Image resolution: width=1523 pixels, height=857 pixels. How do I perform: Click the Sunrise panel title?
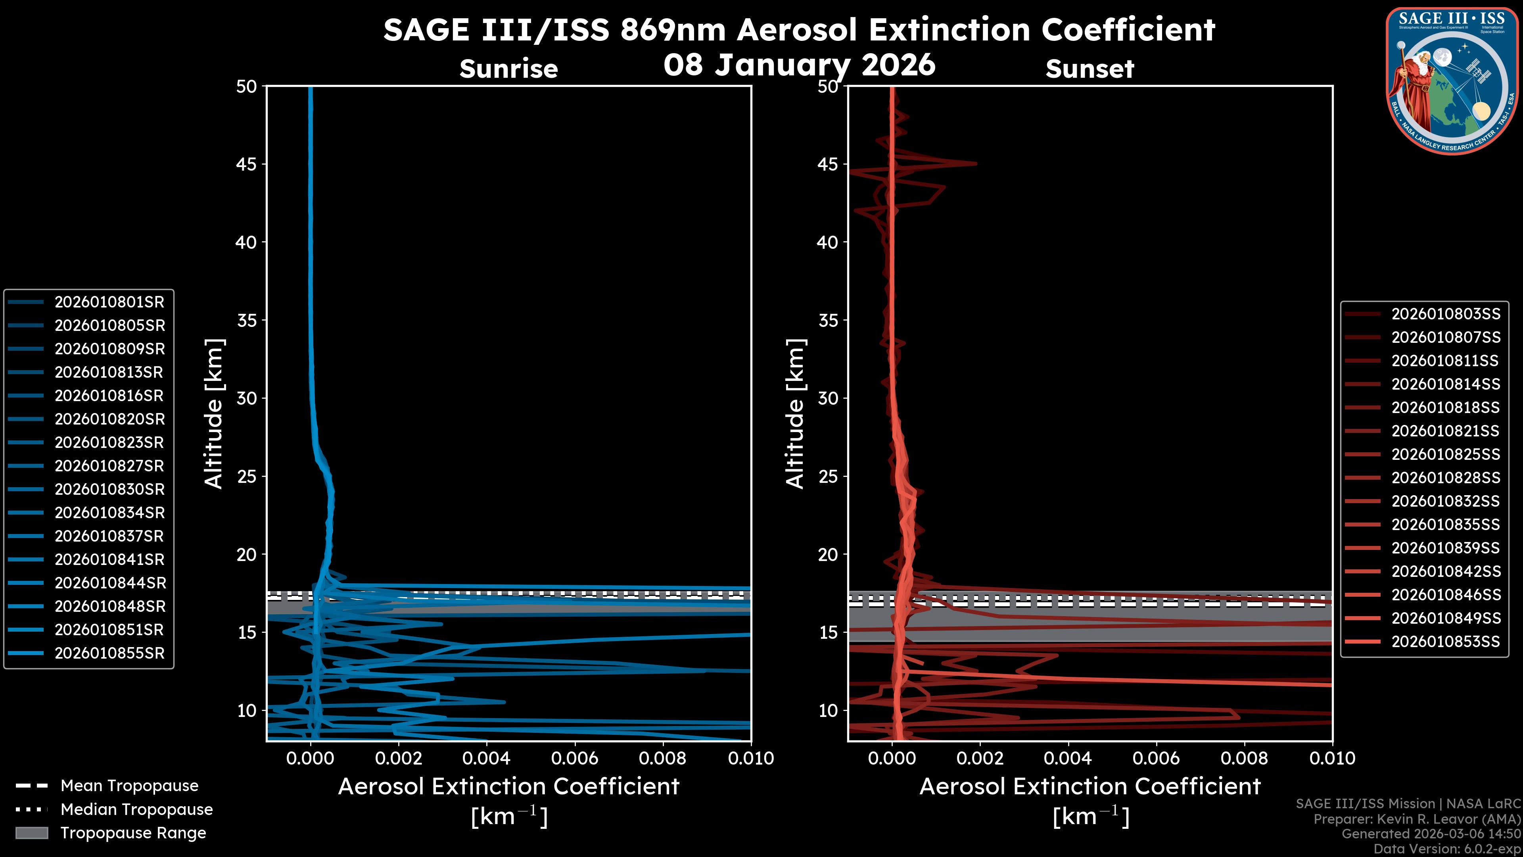click(x=508, y=69)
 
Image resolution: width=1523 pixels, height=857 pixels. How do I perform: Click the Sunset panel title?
click(x=1090, y=69)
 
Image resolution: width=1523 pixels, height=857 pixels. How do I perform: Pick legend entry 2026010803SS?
click(x=1446, y=314)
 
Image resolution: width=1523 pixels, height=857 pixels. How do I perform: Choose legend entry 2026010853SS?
click(x=1446, y=642)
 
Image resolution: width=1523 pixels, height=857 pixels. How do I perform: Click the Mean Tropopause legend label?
click(x=129, y=786)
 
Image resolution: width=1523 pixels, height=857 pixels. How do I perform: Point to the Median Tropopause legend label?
click(x=136, y=810)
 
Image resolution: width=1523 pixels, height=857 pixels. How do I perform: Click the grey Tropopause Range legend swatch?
click(x=32, y=833)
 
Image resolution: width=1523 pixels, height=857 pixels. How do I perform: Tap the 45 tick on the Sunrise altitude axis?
click(x=247, y=164)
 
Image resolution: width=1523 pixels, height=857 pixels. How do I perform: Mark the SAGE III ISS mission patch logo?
click(x=1450, y=81)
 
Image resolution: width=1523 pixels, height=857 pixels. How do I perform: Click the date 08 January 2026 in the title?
click(x=799, y=65)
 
